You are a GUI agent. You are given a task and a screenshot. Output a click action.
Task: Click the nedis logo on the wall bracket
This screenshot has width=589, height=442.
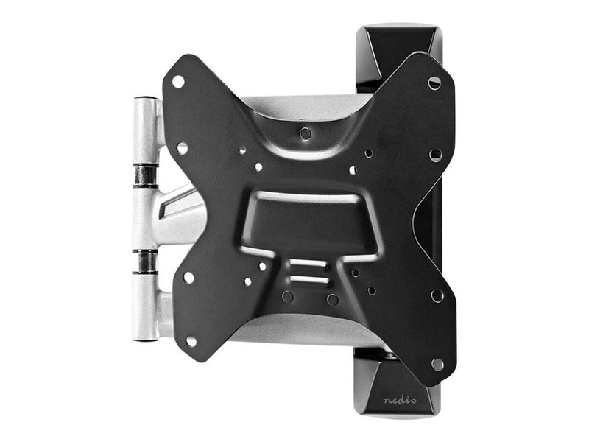tap(400, 399)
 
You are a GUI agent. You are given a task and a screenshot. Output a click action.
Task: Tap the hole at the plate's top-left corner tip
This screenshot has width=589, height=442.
tap(178, 82)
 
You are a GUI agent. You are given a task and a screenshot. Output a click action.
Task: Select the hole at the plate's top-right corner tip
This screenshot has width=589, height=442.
tap(434, 83)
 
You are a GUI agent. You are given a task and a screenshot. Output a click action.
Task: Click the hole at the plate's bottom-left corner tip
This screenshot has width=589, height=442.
tap(191, 341)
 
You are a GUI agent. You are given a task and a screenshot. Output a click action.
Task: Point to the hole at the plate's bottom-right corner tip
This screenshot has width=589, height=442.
tap(437, 364)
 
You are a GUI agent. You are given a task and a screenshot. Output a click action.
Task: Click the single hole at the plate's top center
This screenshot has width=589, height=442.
tap(305, 133)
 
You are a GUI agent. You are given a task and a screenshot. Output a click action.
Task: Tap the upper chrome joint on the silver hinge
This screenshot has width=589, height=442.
tap(145, 175)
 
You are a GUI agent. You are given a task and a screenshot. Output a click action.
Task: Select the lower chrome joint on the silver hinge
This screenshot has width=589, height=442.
tap(144, 261)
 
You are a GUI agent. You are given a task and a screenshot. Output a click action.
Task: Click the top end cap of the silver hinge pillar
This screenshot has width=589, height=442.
tap(146, 99)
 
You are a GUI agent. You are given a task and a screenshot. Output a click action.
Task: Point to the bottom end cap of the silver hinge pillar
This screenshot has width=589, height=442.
tap(144, 339)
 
